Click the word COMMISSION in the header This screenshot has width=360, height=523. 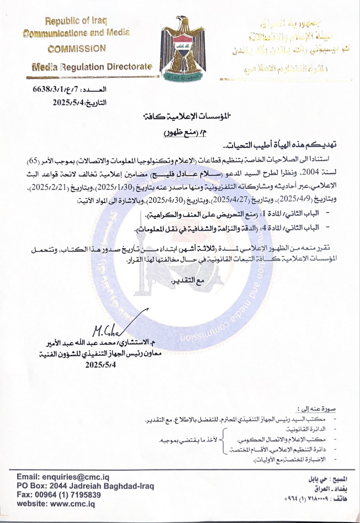point(77,48)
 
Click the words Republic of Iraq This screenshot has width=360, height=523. point(76,21)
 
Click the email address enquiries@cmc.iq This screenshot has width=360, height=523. point(56,476)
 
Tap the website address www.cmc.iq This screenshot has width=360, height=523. point(56,504)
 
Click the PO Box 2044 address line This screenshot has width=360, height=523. point(86,485)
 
